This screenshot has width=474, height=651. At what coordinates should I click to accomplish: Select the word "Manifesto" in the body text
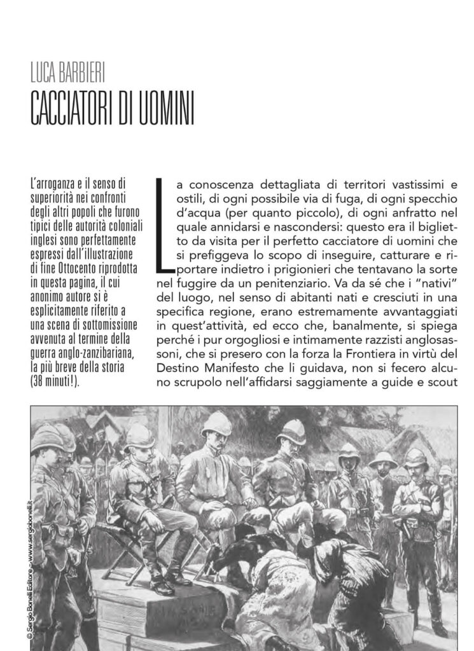point(244,369)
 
